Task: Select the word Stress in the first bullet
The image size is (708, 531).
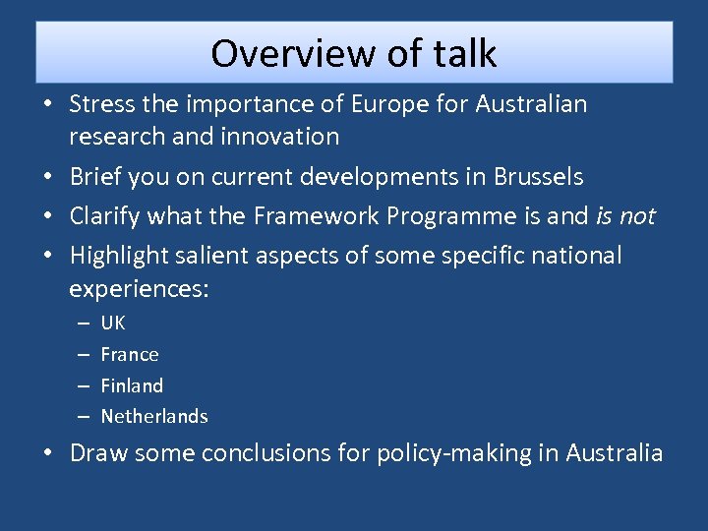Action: coord(102,103)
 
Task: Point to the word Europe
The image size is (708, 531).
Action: coord(335,103)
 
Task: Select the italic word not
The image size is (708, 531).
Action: coord(637,216)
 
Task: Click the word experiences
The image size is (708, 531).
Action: coord(139,289)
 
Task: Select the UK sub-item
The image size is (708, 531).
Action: coord(113,323)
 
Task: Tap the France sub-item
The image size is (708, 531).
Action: coord(130,354)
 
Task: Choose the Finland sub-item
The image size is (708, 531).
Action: coord(132,385)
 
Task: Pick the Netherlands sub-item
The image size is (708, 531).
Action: coord(154,416)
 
